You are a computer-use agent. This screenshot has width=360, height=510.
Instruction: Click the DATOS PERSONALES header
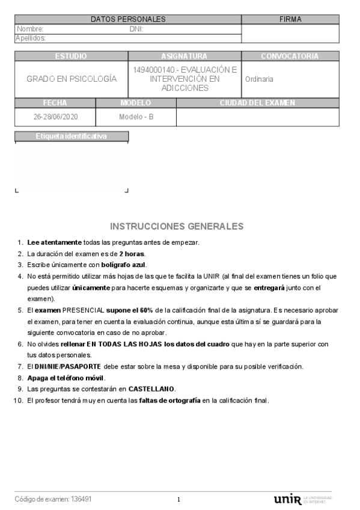127,19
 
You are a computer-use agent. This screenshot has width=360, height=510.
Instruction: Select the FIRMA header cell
290,19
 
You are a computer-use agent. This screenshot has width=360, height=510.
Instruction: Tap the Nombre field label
30,29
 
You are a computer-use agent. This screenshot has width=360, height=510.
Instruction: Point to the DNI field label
136,29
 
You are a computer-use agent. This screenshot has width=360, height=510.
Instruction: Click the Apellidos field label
31,38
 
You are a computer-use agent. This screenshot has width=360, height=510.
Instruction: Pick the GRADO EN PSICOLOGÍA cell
72,79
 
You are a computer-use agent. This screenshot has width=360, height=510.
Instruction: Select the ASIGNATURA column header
184,57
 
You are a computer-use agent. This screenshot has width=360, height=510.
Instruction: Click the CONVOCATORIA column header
290,57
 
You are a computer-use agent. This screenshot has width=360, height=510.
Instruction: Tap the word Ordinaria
259,79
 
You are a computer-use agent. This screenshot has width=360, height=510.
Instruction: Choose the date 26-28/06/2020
55,117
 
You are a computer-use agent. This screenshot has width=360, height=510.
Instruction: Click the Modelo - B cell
136,117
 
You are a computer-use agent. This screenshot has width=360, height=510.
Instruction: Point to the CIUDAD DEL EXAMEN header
257,103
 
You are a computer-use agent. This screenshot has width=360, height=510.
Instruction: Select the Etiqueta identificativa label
71,137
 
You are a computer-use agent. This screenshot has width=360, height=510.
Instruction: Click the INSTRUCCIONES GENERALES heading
177,227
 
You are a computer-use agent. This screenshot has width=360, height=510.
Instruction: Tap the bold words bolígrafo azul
124,265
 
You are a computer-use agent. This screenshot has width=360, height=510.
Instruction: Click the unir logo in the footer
287,499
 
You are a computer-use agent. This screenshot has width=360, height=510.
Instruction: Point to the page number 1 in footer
178,500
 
